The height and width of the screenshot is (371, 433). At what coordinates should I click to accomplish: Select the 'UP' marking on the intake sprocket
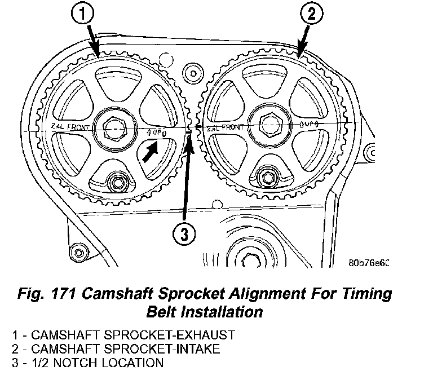tap(310, 123)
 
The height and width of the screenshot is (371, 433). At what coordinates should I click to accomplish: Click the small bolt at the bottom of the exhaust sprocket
tap(119, 182)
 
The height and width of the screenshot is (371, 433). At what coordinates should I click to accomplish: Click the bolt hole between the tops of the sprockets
tap(193, 73)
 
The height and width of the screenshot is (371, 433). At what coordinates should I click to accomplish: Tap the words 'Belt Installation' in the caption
tap(204, 311)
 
